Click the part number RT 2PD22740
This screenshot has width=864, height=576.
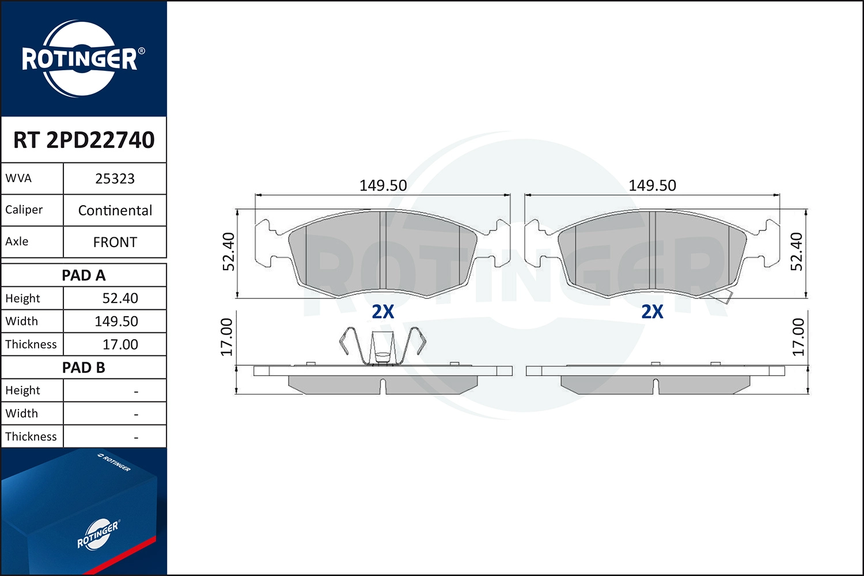pyautogui.click(x=84, y=140)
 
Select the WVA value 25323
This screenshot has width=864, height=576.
pyautogui.click(x=115, y=179)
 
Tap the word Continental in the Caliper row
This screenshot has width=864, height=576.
pyautogui.click(x=115, y=210)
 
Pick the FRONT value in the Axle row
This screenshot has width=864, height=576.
pyautogui.click(x=115, y=242)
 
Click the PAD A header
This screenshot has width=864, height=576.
pyautogui.click(x=84, y=275)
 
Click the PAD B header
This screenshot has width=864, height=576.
pyautogui.click(x=84, y=367)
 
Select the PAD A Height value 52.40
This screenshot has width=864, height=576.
pyautogui.click(x=120, y=298)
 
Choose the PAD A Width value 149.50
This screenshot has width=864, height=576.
pyautogui.click(x=116, y=321)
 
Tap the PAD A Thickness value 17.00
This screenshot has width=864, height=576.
pyautogui.click(x=120, y=344)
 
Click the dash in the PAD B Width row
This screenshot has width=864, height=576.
pyautogui.click(x=136, y=414)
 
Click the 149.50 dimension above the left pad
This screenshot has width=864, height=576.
pyautogui.click(x=383, y=185)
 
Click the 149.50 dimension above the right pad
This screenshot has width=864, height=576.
pyautogui.click(x=652, y=185)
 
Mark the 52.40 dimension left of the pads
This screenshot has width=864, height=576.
pyautogui.click(x=229, y=252)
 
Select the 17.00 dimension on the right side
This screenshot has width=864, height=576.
pyautogui.click(x=798, y=337)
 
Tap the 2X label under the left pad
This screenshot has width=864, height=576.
pyautogui.click(x=383, y=312)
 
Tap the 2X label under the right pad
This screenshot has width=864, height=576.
pyautogui.click(x=652, y=312)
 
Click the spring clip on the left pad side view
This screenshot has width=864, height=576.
pyautogui.click(x=382, y=346)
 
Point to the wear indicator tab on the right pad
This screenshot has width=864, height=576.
pyautogui.click(x=722, y=297)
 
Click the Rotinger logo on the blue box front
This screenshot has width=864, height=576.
pyautogui.click(x=98, y=535)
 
